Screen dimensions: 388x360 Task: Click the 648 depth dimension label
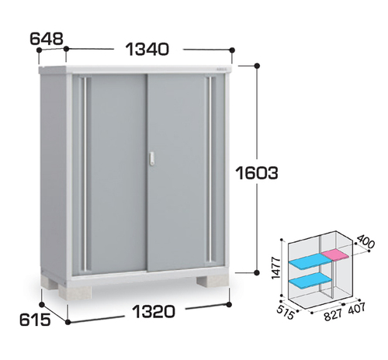pos(47,39)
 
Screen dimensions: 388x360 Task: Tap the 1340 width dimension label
pos(147,50)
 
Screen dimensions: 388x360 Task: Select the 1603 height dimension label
pos(257,173)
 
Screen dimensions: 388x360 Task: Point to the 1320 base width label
pos(154,311)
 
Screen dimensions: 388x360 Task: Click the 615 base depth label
pos(35,320)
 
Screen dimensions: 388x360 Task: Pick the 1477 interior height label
pos(276,268)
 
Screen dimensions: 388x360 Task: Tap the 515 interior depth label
pos(286,312)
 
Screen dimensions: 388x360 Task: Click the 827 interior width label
pos(333,314)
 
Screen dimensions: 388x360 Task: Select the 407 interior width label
pos(356,308)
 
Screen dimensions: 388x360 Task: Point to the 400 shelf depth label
pos(365,241)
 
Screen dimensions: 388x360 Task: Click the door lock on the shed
pos(152,159)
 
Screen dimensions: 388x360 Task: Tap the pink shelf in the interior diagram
pos(336,255)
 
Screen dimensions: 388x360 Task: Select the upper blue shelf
pos(310,261)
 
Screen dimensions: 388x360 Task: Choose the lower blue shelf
pos(310,280)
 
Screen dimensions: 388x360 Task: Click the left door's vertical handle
pos(85,173)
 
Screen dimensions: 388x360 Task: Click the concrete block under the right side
pos(213,282)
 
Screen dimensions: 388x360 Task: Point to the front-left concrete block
pos(75,292)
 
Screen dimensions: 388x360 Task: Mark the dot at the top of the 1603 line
pos(257,66)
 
